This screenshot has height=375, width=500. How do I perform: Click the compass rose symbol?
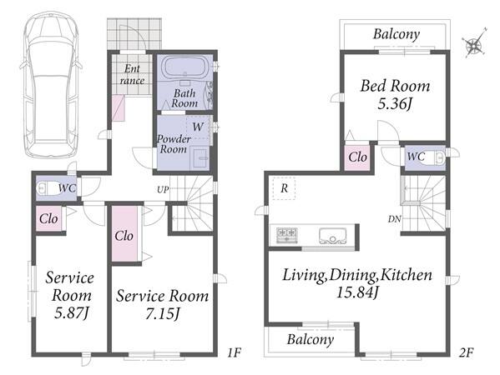[475, 43]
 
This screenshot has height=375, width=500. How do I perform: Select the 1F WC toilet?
[46, 188]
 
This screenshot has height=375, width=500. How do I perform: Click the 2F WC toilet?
[435, 157]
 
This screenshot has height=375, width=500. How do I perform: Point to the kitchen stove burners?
[287, 236]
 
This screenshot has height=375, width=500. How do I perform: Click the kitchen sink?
[333, 236]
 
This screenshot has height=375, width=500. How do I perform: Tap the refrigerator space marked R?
[284, 188]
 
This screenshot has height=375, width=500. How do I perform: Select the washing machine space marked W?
[198, 127]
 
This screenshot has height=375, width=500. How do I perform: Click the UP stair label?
[163, 190]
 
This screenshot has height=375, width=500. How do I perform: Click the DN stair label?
[395, 219]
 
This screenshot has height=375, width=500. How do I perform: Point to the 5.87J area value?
[71, 313]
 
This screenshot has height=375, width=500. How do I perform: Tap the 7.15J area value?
[162, 314]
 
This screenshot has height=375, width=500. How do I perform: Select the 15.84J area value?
[357, 292]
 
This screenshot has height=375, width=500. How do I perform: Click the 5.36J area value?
[395, 104]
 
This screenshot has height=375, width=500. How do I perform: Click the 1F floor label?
[234, 352]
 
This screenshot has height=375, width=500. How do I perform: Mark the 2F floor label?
[467, 352]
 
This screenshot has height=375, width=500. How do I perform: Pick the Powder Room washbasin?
[200, 157]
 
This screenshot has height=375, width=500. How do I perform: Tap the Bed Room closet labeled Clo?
[357, 157]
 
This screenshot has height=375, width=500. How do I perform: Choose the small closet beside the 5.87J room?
[48, 218]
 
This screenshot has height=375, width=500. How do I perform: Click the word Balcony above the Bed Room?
[396, 34]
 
